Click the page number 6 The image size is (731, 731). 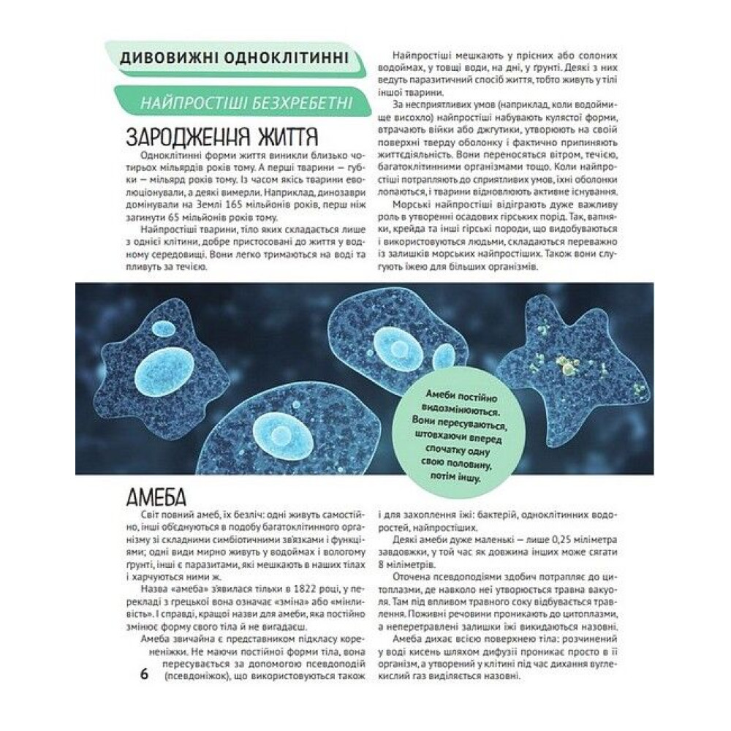point(144,673)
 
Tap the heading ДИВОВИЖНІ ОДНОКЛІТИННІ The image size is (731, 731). point(233,58)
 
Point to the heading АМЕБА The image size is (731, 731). point(156,499)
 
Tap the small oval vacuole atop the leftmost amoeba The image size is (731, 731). point(163,328)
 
